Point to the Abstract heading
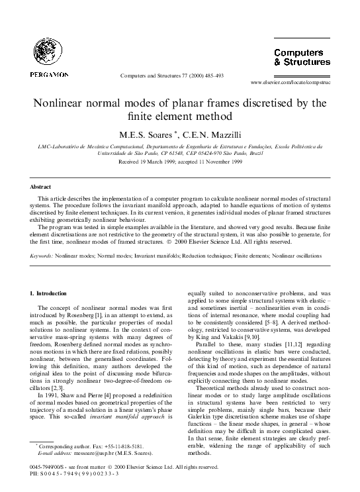pos(41,187)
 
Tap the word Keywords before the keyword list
pos(42,254)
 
